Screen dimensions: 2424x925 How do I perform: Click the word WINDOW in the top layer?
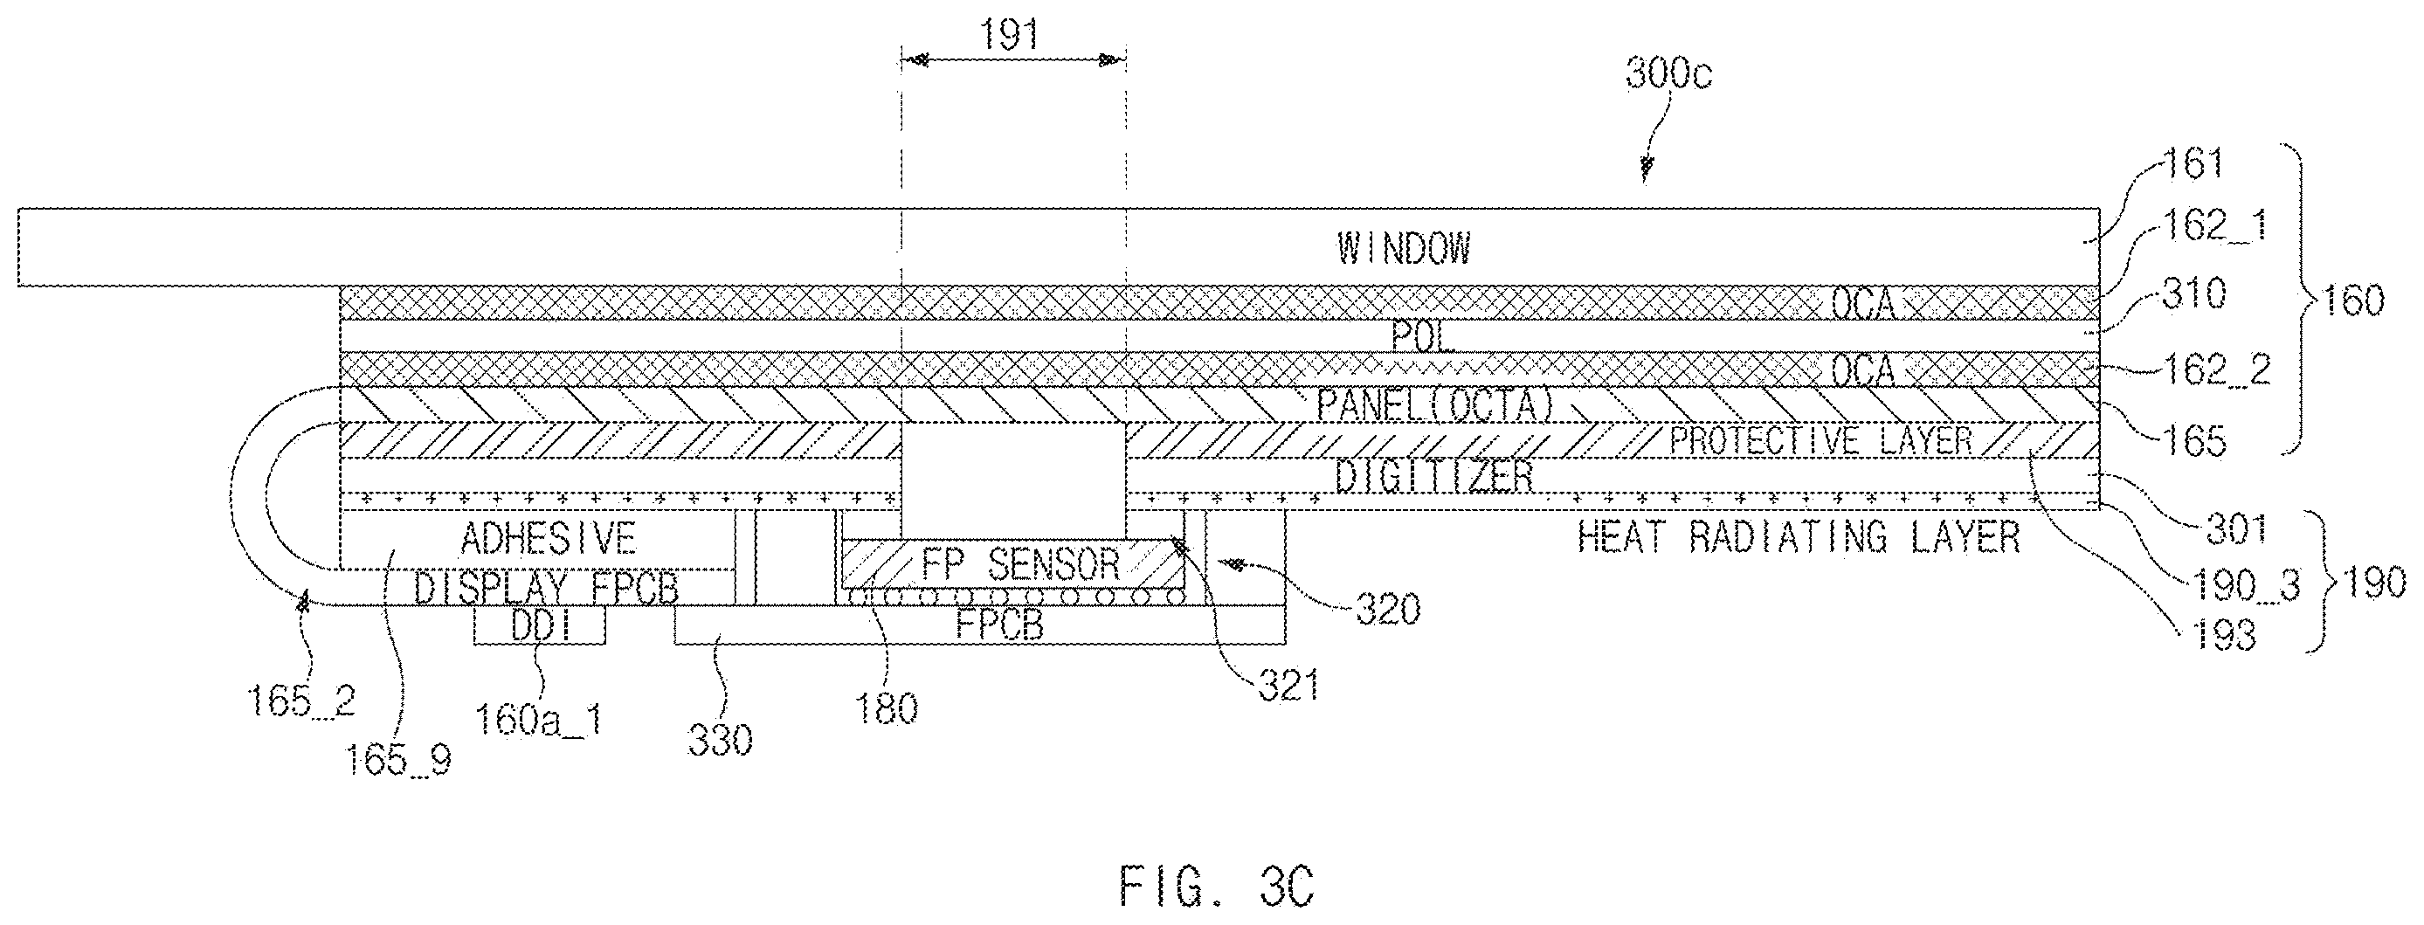click(x=1403, y=248)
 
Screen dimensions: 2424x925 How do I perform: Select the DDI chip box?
click(x=539, y=625)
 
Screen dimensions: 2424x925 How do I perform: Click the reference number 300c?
click(x=1668, y=73)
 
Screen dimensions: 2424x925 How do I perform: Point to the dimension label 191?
click(x=1009, y=35)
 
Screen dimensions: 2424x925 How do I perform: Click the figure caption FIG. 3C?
click(x=1216, y=887)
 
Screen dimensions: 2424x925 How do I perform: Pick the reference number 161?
click(x=2193, y=163)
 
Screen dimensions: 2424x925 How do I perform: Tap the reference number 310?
click(x=2193, y=294)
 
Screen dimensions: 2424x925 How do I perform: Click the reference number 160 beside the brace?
click(x=2353, y=301)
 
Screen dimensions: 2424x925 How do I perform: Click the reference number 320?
click(x=1388, y=610)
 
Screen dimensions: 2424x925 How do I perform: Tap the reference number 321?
click(x=1288, y=686)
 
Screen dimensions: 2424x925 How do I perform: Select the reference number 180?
click(x=887, y=708)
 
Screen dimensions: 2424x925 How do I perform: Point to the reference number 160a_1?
click(x=538, y=721)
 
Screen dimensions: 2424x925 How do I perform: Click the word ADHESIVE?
click(x=548, y=538)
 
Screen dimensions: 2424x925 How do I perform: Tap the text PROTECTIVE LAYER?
click(x=1820, y=440)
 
